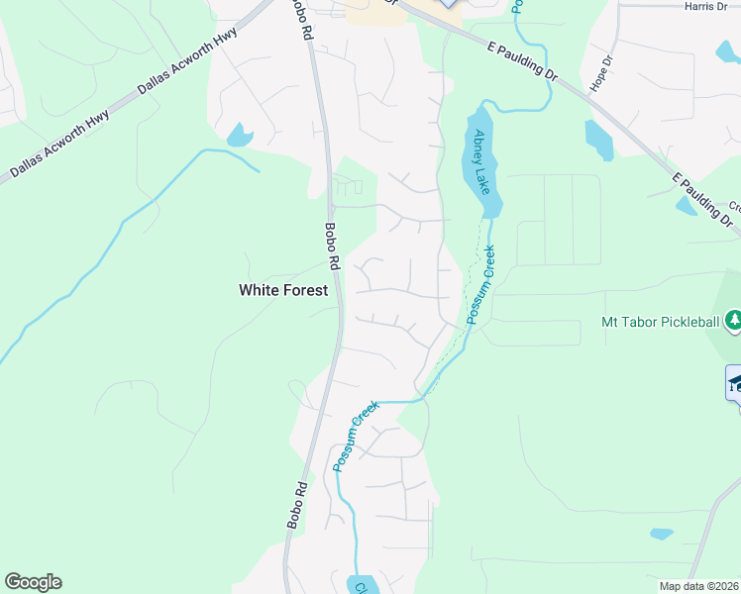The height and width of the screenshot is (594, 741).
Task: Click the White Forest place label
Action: click(282, 290)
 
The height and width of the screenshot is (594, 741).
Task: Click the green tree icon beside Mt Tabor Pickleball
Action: click(733, 321)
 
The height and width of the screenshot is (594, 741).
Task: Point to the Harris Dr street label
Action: click(705, 6)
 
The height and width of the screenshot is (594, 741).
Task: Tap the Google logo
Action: click(33, 582)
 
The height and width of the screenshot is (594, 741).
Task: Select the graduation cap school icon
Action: click(734, 384)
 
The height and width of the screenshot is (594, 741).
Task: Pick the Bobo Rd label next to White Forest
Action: click(333, 247)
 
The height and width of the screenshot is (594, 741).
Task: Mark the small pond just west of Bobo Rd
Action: click(240, 136)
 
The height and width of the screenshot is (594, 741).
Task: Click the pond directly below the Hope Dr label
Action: click(598, 141)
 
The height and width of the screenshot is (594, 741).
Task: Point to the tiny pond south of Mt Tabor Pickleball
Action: click(662, 534)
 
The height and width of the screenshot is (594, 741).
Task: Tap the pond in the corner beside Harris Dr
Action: click(729, 51)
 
